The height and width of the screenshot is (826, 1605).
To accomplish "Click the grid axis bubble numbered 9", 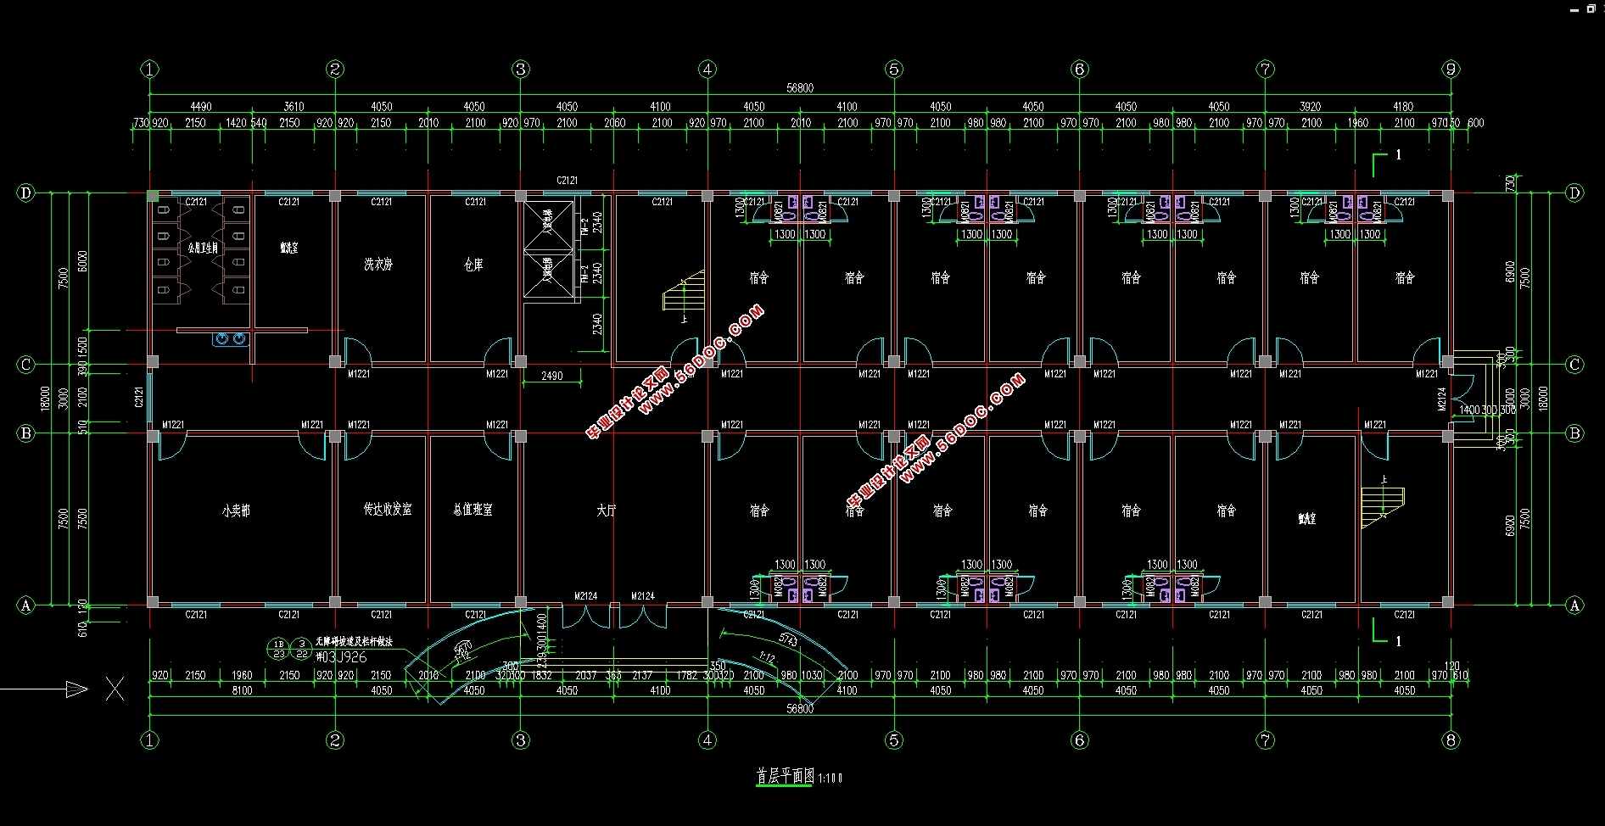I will pyautogui.click(x=1451, y=69).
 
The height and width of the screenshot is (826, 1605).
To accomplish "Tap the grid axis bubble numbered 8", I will pyautogui.click(x=1451, y=740).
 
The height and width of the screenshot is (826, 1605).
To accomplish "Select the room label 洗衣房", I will pyautogui.click(x=378, y=265).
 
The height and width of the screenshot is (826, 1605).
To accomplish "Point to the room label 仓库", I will pyautogui.click(x=473, y=265).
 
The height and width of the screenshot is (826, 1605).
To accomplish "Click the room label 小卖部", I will pyautogui.click(x=236, y=511).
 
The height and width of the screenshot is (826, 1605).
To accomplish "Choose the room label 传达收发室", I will pyautogui.click(x=388, y=509).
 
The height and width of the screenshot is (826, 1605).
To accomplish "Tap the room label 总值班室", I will pyautogui.click(x=473, y=510).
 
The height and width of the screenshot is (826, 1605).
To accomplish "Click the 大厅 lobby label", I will pyautogui.click(x=606, y=511).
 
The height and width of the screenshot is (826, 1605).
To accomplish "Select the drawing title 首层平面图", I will pyautogui.click(x=786, y=776).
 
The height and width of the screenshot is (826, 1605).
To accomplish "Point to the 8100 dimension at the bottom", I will pyautogui.click(x=242, y=691).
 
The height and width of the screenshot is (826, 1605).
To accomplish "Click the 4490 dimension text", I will pyautogui.click(x=201, y=107).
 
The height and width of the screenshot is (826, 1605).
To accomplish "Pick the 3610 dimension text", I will pyautogui.click(x=294, y=107).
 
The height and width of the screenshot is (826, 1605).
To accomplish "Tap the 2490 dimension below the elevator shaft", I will pyautogui.click(x=551, y=376).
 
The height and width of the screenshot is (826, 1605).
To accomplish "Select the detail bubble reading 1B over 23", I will pyautogui.click(x=279, y=649).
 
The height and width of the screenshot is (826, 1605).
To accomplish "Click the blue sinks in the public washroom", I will pyautogui.click(x=230, y=339).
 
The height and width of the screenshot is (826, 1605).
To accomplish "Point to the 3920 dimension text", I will pyautogui.click(x=1311, y=107).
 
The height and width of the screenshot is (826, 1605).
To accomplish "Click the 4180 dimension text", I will pyautogui.click(x=1403, y=107).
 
